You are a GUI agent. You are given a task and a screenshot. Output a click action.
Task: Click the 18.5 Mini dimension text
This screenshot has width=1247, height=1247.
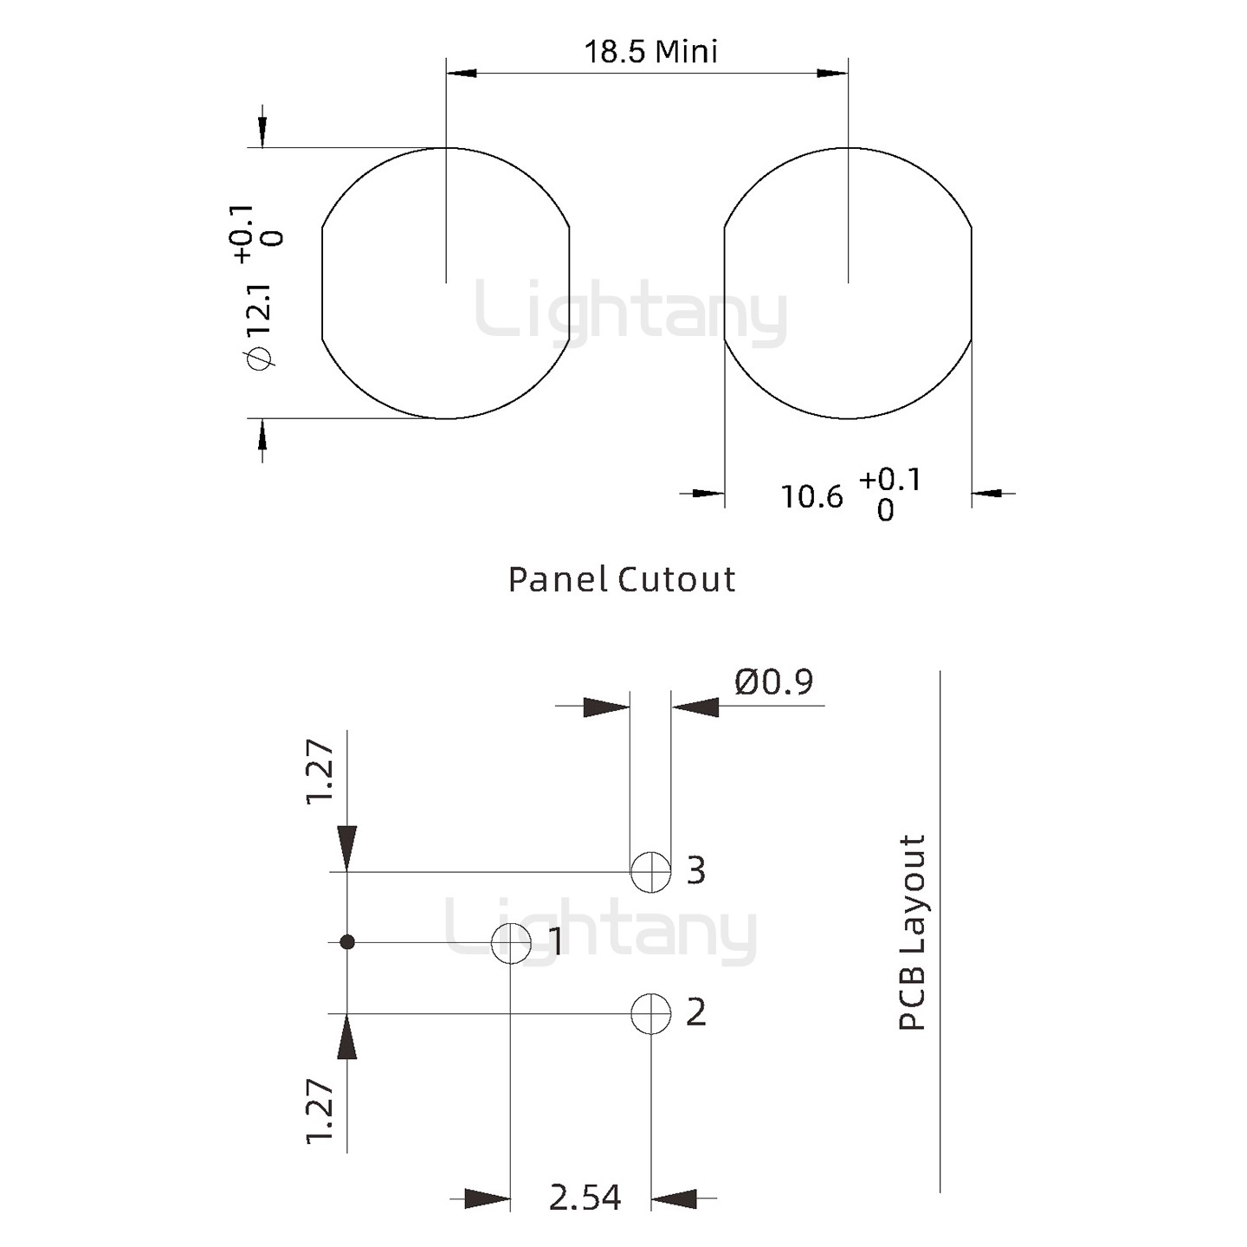pyautogui.click(x=651, y=52)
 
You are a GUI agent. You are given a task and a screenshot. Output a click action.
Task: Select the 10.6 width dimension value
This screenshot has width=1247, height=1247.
pyautogui.click(x=813, y=497)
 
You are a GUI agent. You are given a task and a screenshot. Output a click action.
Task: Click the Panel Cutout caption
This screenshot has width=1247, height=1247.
pyautogui.click(x=622, y=579)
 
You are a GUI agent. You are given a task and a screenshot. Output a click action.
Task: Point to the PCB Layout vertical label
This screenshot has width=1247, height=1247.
pyautogui.click(x=913, y=933)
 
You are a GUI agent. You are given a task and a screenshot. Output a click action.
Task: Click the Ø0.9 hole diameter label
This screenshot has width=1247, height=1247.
pyautogui.click(x=774, y=682)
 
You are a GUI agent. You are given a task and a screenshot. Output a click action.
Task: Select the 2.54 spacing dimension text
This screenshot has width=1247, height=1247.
pyautogui.click(x=585, y=1197)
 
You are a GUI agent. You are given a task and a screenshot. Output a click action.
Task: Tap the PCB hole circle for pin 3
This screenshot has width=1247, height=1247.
pyautogui.click(x=651, y=872)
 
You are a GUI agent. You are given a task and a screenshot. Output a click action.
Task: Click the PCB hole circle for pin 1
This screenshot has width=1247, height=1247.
pyautogui.click(x=511, y=943)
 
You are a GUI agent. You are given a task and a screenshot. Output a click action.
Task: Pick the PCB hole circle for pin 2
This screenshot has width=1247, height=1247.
pyautogui.click(x=651, y=1013)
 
